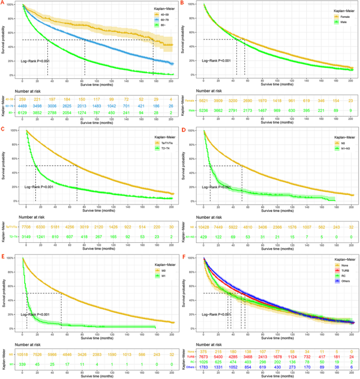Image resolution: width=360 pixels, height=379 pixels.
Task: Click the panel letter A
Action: tap(3, 3)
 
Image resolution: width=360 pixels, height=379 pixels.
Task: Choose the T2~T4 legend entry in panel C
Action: tap(153, 150)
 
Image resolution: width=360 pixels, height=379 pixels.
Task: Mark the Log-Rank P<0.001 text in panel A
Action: tap(35, 61)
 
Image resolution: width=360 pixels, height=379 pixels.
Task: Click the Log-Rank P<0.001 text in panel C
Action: tap(39, 186)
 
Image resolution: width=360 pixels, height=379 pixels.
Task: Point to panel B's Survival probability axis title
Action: tap(185, 40)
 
